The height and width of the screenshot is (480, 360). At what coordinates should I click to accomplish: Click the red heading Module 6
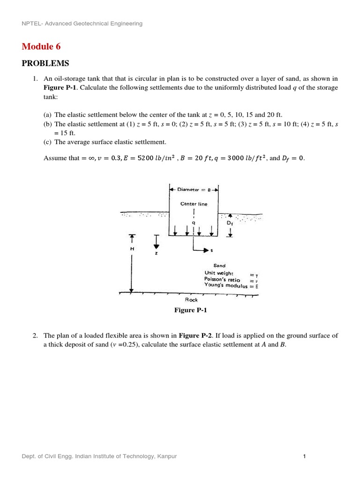point(41,46)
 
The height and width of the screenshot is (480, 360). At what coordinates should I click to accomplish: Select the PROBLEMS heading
point(45,63)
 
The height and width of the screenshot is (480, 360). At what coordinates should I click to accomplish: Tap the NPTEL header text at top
point(82,23)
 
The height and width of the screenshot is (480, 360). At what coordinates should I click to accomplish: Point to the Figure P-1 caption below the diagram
point(191,310)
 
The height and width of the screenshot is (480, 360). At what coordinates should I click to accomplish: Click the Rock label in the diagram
point(191,300)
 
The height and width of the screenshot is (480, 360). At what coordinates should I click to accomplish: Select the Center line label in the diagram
point(194,204)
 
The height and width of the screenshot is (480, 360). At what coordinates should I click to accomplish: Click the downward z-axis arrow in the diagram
point(156,241)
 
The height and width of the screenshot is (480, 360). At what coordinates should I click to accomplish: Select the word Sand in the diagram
point(219,265)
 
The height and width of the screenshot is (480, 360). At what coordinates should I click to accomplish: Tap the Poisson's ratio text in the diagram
point(222,279)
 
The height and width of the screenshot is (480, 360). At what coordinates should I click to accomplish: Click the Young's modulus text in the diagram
point(226,285)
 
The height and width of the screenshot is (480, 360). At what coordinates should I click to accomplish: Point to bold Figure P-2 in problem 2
point(195,336)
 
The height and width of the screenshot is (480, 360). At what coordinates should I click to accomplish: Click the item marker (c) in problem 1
point(48,142)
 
